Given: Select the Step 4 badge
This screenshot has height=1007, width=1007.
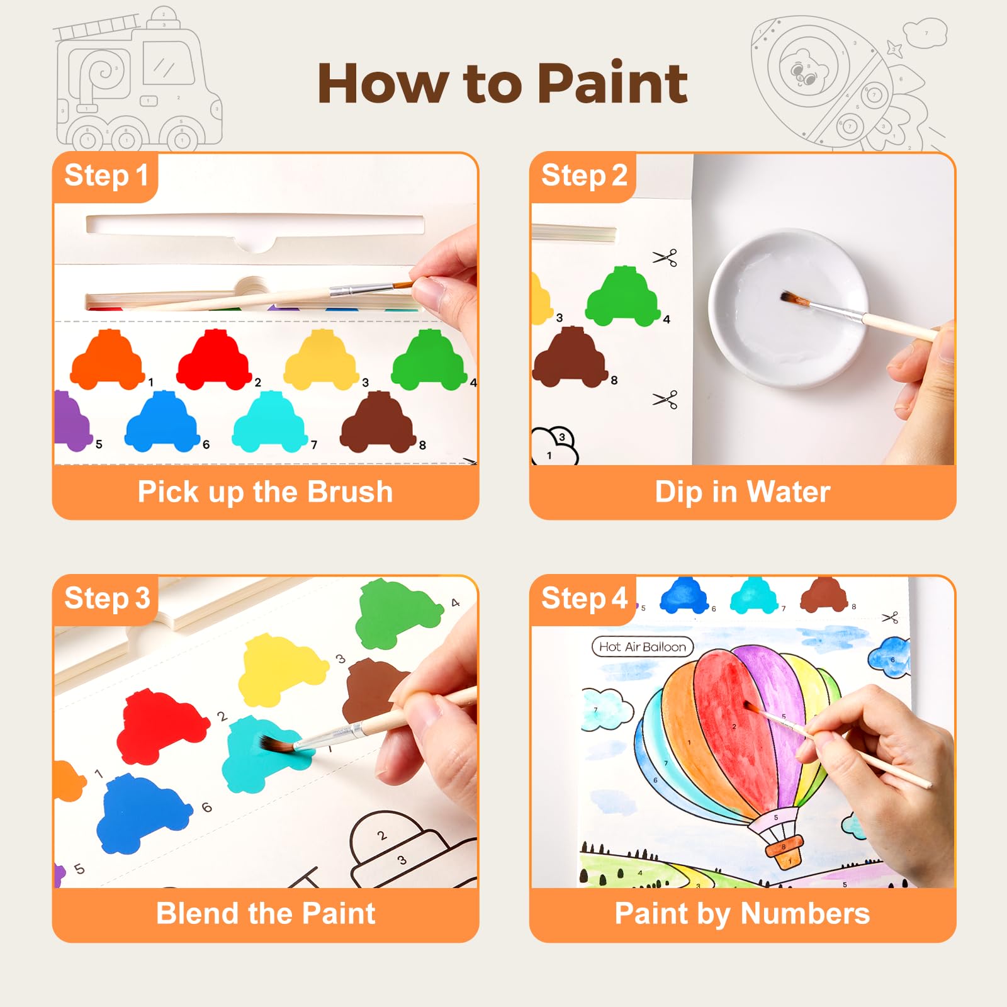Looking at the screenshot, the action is click(x=583, y=599).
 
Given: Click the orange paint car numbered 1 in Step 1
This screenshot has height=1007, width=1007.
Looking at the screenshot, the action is click(x=108, y=359).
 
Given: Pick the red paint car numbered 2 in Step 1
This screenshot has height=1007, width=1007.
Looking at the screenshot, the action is click(x=214, y=359).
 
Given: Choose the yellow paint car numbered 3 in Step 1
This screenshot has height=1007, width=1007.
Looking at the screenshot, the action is click(x=322, y=359).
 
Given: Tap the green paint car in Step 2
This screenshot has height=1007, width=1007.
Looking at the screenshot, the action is click(x=623, y=296).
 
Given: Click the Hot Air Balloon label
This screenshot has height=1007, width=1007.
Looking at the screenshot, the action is click(x=643, y=646).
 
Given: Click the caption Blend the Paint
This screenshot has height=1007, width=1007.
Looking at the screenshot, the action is click(x=266, y=913).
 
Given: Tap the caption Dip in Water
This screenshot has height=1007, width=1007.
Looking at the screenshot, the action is click(x=743, y=492).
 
